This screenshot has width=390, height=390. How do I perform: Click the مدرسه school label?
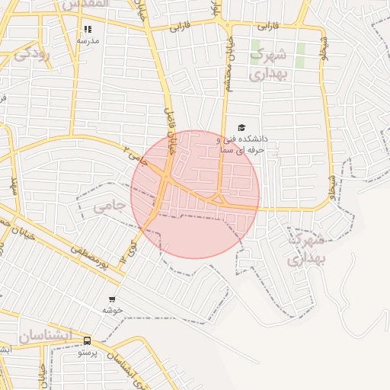click(x=88, y=40)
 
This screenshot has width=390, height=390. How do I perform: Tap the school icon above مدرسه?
click(x=88, y=29)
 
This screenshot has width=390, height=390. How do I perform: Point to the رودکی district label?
click(x=32, y=53)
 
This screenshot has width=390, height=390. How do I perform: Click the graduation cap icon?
click(x=241, y=127)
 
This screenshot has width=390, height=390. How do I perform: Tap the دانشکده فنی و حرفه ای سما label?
click(x=242, y=145)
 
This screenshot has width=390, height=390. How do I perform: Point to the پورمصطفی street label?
click(x=97, y=259)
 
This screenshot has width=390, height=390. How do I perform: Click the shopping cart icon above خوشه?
click(x=113, y=299)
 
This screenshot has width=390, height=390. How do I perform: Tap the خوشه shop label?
click(x=113, y=311)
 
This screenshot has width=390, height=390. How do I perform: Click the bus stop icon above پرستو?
click(x=87, y=341)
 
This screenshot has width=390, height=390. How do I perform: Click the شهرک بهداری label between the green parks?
click(x=268, y=64)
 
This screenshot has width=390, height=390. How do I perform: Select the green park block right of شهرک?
click(x=301, y=53)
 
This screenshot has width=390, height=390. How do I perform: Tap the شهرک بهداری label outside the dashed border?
click(x=306, y=248)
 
